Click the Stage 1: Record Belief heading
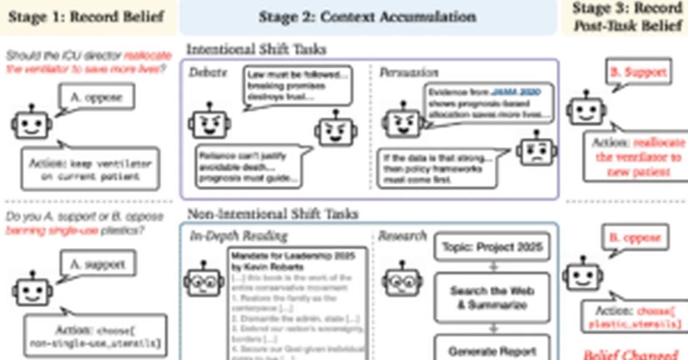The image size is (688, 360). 85,16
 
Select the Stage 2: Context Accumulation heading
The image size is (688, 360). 367,16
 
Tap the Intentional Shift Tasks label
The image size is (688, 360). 256,50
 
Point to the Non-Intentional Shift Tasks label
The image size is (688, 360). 272,214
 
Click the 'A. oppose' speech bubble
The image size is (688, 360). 96,97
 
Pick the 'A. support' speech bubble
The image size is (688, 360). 96,265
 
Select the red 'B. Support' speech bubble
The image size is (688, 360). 638,72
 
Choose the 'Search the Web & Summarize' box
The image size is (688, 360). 492,298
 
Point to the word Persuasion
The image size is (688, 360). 409,73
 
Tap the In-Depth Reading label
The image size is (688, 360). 239,236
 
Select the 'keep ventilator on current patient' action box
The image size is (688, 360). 90,169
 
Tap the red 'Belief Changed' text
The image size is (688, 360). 631,354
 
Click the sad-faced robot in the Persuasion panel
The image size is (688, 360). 535,151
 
